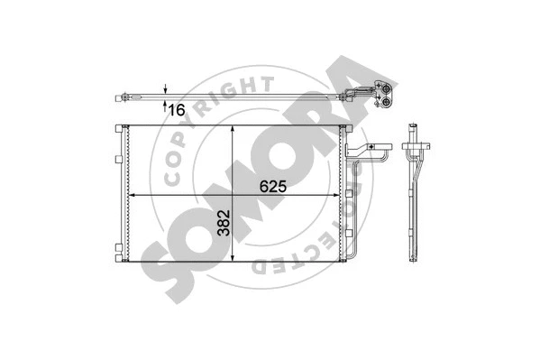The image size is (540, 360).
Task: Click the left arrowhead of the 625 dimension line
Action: (x=134, y=195)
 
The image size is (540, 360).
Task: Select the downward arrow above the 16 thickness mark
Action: (x=167, y=88)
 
